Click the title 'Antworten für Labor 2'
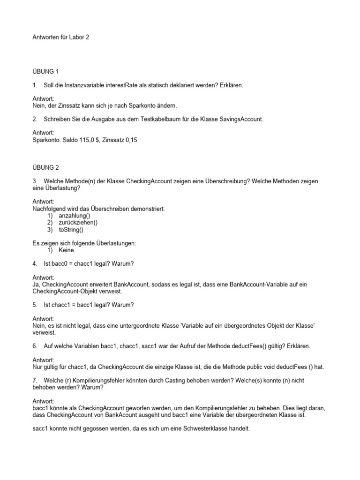click(x=60, y=37)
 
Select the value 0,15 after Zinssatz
click(x=135, y=140)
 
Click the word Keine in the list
click(x=67, y=250)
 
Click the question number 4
click(x=35, y=264)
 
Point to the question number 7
click(x=35, y=380)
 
